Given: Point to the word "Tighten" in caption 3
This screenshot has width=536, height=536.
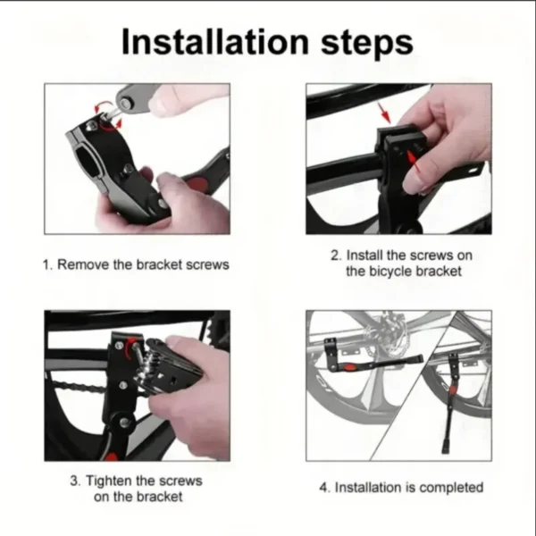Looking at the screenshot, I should [111, 481].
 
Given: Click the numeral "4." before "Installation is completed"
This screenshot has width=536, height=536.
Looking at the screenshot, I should [326, 487].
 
